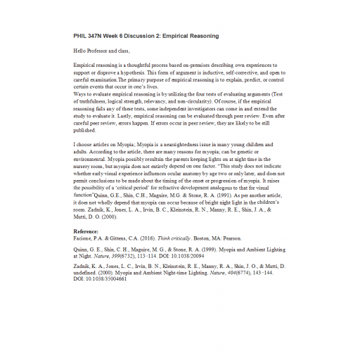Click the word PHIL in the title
pyautogui.click(x=79, y=35)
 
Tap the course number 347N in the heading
pyautogui.click(x=98, y=35)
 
